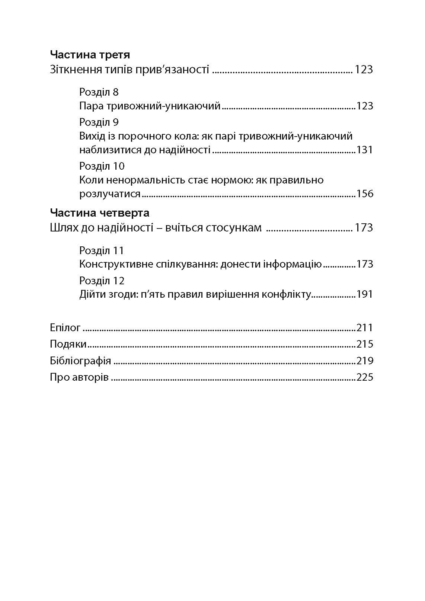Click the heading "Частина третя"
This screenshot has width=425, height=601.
pos(90,55)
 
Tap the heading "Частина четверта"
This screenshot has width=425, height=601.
pos(99,213)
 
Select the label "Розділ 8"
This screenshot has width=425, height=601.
pos(99,92)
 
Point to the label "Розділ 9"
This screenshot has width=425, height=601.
pos(99,122)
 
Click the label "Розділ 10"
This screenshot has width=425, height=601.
pos(102,166)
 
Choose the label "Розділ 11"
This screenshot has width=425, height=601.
pos(102,250)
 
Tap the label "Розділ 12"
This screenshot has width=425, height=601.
pos(102,281)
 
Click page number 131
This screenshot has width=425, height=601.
pos(364,150)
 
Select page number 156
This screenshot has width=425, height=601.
pos(364,194)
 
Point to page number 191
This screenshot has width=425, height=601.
pos(364,294)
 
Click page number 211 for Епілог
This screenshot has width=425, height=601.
pos(364,328)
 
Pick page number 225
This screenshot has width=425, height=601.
pos(364,377)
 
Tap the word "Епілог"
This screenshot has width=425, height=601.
pos(65,328)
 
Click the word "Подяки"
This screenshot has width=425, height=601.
pos(68,344)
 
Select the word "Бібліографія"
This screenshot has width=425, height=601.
pos(80,361)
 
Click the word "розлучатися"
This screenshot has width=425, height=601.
pos(110,194)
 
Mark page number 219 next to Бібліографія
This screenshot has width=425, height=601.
pos(364,361)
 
